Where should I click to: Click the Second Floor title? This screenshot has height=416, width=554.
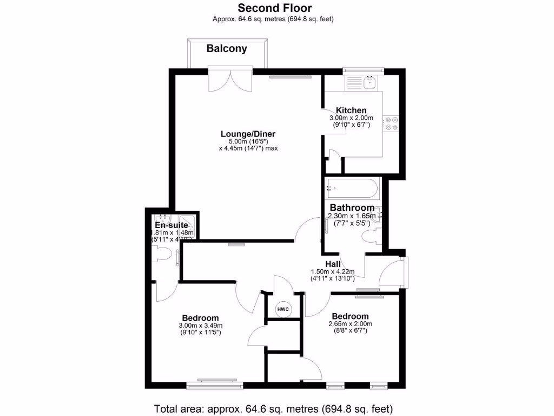(275, 8)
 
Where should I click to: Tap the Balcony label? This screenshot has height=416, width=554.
(227, 49)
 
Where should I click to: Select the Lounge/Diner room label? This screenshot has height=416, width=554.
(248, 134)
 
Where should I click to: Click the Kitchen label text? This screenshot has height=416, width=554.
(351, 110)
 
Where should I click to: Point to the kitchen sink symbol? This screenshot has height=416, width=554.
(370, 83)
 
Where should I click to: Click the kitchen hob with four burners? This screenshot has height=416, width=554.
(391, 123)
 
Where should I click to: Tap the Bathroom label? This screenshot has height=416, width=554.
(352, 207)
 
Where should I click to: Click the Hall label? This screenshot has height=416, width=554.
(332, 264)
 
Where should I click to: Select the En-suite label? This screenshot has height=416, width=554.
(171, 225)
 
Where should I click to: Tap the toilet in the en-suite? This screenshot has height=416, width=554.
(162, 253)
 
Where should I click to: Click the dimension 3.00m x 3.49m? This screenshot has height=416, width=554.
(200, 325)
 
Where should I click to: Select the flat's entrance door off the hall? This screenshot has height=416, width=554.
(392, 274)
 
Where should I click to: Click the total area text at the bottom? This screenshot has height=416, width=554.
(273, 408)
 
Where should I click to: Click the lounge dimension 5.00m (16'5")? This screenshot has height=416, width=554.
(248, 141)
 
